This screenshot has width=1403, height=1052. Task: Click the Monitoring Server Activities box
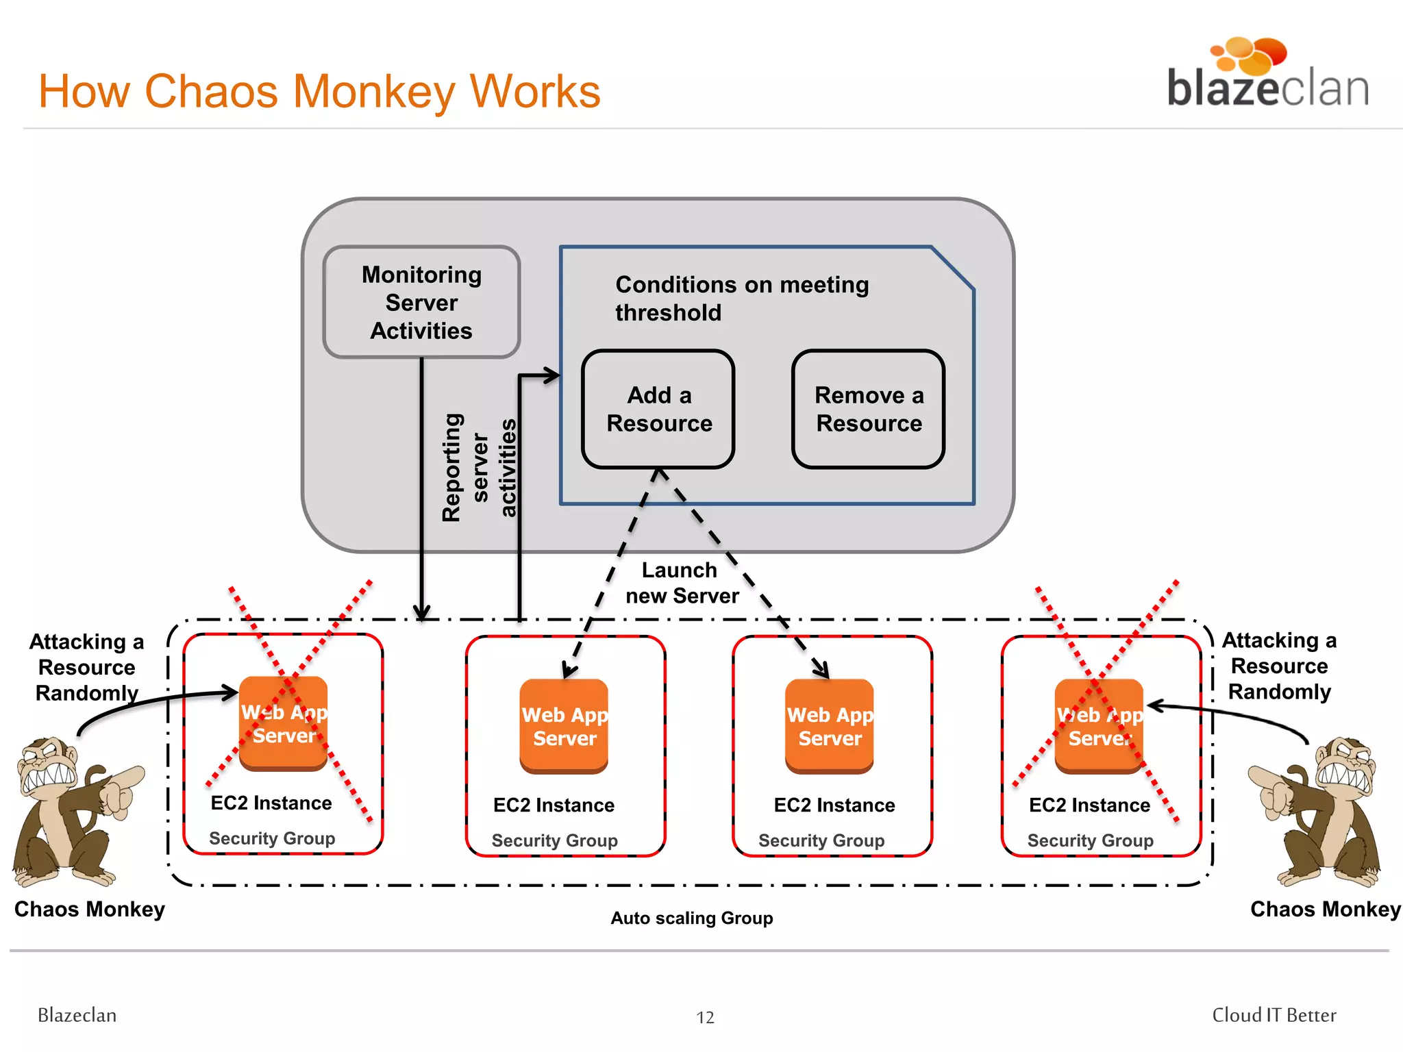tap(421, 302)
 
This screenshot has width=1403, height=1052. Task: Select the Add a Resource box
tap(658, 409)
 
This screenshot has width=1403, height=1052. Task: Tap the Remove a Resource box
tap(868, 409)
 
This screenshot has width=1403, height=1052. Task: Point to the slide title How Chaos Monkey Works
tap(319, 91)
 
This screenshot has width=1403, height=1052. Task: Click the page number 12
tap(705, 1018)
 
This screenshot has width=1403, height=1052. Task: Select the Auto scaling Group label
tap(691, 918)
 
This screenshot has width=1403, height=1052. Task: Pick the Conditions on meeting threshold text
tap(741, 298)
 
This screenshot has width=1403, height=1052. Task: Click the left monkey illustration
tap(75, 812)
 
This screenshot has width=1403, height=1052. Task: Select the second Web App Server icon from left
tap(564, 727)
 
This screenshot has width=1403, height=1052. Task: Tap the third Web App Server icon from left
tap(830, 727)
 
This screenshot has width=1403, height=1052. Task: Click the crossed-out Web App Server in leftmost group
tap(283, 724)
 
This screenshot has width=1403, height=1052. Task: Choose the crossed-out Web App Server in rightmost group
tap(1099, 727)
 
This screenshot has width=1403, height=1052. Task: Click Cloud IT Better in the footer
tap(1274, 1015)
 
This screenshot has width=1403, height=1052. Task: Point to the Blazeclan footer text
tap(77, 1015)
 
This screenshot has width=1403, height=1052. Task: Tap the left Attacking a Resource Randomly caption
tap(87, 667)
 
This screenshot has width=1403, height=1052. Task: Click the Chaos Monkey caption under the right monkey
tap(1325, 909)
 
